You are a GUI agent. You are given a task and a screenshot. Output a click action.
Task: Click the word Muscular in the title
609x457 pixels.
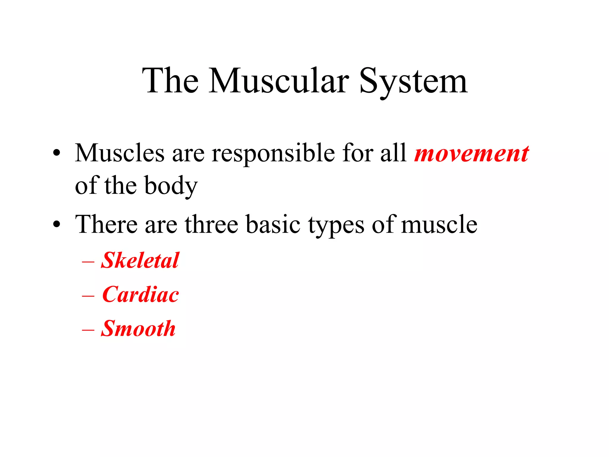pos(279,81)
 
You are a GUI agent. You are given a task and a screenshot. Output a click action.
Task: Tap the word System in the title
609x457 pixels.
pos(413,81)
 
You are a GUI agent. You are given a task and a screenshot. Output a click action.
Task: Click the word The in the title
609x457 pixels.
pos(170,81)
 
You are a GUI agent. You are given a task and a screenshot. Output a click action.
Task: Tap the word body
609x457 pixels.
pos(171,186)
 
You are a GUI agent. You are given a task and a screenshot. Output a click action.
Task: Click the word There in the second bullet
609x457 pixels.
pos(106,224)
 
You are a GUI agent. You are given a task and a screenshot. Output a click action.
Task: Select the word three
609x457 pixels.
pos(211,224)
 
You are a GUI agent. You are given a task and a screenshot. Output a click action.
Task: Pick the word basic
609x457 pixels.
pos(273,224)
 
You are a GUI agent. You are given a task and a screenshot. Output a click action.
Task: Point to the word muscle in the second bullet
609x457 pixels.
pos(439,224)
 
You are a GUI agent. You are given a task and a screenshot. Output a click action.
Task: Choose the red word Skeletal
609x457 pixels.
pos(140,260)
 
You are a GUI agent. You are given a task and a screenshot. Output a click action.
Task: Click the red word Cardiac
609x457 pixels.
pos(140,295)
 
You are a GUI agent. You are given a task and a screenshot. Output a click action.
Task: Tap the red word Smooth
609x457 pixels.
pos(138,329)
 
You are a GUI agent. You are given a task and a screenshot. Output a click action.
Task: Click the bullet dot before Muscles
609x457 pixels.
pos(56,154)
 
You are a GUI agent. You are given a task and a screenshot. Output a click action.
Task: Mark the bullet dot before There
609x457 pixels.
pos(56,225)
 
